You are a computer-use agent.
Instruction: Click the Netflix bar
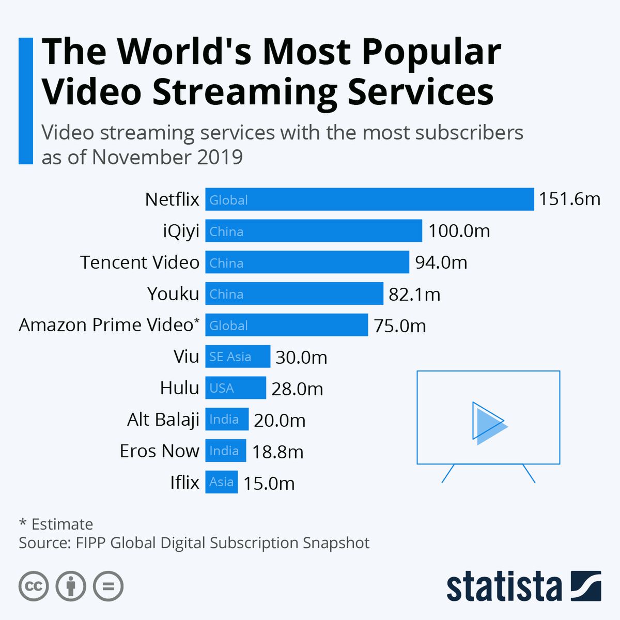(x=369, y=199)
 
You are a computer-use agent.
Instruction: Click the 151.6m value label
(x=569, y=199)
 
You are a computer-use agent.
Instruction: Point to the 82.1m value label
(x=414, y=295)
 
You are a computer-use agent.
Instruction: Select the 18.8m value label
(x=277, y=452)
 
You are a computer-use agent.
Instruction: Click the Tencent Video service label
(x=139, y=262)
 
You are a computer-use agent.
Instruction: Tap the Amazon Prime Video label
(x=109, y=325)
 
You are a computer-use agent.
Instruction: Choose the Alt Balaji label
(x=163, y=420)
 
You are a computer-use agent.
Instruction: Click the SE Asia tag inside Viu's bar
(x=230, y=357)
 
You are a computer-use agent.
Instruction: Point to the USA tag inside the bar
(x=222, y=388)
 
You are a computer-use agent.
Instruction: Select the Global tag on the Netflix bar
(x=228, y=200)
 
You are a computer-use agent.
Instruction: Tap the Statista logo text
(x=504, y=587)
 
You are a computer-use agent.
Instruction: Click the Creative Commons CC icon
(x=34, y=586)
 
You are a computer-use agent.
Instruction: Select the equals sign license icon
(x=108, y=586)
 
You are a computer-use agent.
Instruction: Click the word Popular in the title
(x=431, y=52)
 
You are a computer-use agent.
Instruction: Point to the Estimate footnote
(x=62, y=524)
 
